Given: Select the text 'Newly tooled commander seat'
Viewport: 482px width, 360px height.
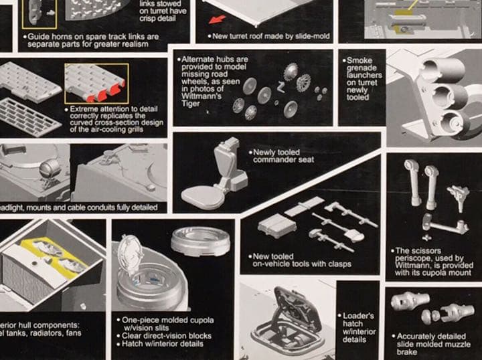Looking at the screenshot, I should click(x=283, y=157).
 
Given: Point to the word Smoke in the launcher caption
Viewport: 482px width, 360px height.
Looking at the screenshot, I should click(x=359, y=60).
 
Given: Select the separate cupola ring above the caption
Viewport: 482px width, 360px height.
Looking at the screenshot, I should click(x=200, y=241).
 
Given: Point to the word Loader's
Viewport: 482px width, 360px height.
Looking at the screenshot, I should click(x=357, y=314).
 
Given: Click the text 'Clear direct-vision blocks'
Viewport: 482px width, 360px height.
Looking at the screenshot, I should click(x=167, y=335).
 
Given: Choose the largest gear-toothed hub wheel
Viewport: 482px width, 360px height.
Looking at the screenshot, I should click(x=303, y=82).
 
